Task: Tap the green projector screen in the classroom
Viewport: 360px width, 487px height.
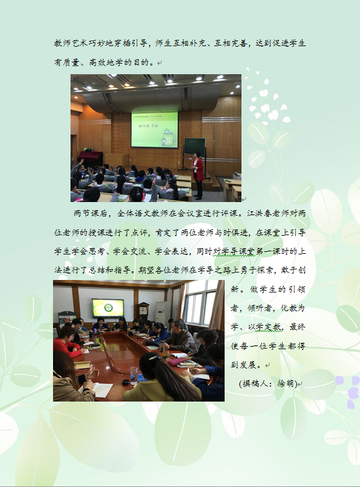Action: [x=155, y=130]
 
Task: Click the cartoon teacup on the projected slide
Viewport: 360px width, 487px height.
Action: [x=168, y=137]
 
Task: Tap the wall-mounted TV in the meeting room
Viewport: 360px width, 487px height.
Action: [x=108, y=308]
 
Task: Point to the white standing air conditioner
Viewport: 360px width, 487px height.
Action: [x=160, y=312]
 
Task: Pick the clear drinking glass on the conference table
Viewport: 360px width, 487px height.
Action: [x=134, y=375]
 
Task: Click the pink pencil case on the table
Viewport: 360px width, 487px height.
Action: [x=177, y=361]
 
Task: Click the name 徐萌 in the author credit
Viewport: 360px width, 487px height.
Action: [x=286, y=383]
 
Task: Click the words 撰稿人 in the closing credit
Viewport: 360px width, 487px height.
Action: [x=255, y=383]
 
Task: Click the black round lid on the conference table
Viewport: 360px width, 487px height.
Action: [x=125, y=382]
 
